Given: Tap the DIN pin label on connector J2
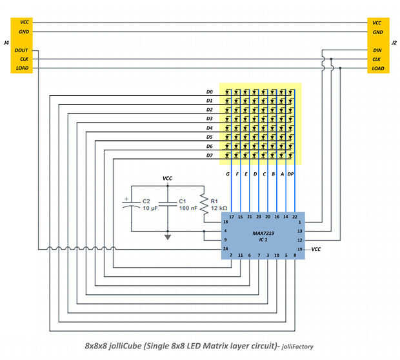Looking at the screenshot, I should pyautogui.click(x=377, y=50).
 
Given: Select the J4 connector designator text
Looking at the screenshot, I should pyautogui.click(x=6, y=43).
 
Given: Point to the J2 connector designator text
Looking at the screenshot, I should pyautogui.click(x=394, y=43).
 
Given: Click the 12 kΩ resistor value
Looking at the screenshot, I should pyautogui.click(x=219, y=209).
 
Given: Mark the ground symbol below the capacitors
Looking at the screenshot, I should pyautogui.click(x=168, y=237).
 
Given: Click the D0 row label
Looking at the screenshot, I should pyautogui.click(x=210, y=92).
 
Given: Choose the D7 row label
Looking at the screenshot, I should pyautogui.click(x=210, y=155).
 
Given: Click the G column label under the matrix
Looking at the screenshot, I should pyautogui.click(x=228, y=175).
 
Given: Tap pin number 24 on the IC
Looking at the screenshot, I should pyautogui.click(x=226, y=248).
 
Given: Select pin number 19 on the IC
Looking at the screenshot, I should pyautogui.click(x=299, y=248).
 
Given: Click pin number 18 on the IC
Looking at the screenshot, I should pyautogui.click(x=226, y=222).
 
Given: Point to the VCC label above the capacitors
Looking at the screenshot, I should pyautogui.click(x=168, y=177).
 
